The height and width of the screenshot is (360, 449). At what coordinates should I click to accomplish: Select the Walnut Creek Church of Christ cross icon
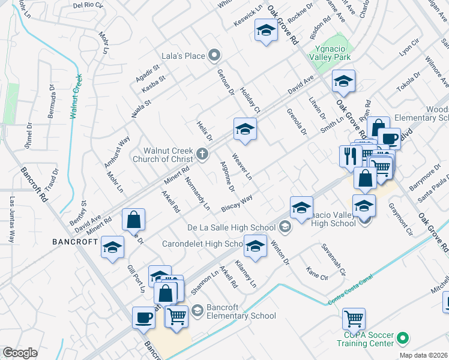point(202,155)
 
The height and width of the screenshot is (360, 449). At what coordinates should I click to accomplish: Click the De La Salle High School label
point(232,227)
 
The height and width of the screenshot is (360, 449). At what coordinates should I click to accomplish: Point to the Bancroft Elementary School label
point(241,311)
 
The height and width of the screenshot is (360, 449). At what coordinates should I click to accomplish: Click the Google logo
point(20,353)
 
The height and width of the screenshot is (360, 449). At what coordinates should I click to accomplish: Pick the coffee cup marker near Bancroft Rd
point(144,317)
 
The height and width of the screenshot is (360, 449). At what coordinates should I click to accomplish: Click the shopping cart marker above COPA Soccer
point(354,318)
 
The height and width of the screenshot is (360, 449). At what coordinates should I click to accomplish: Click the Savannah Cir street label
point(334,259)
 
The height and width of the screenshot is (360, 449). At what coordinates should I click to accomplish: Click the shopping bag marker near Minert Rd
point(133,219)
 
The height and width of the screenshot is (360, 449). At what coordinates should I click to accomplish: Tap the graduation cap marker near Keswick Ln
point(265,31)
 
